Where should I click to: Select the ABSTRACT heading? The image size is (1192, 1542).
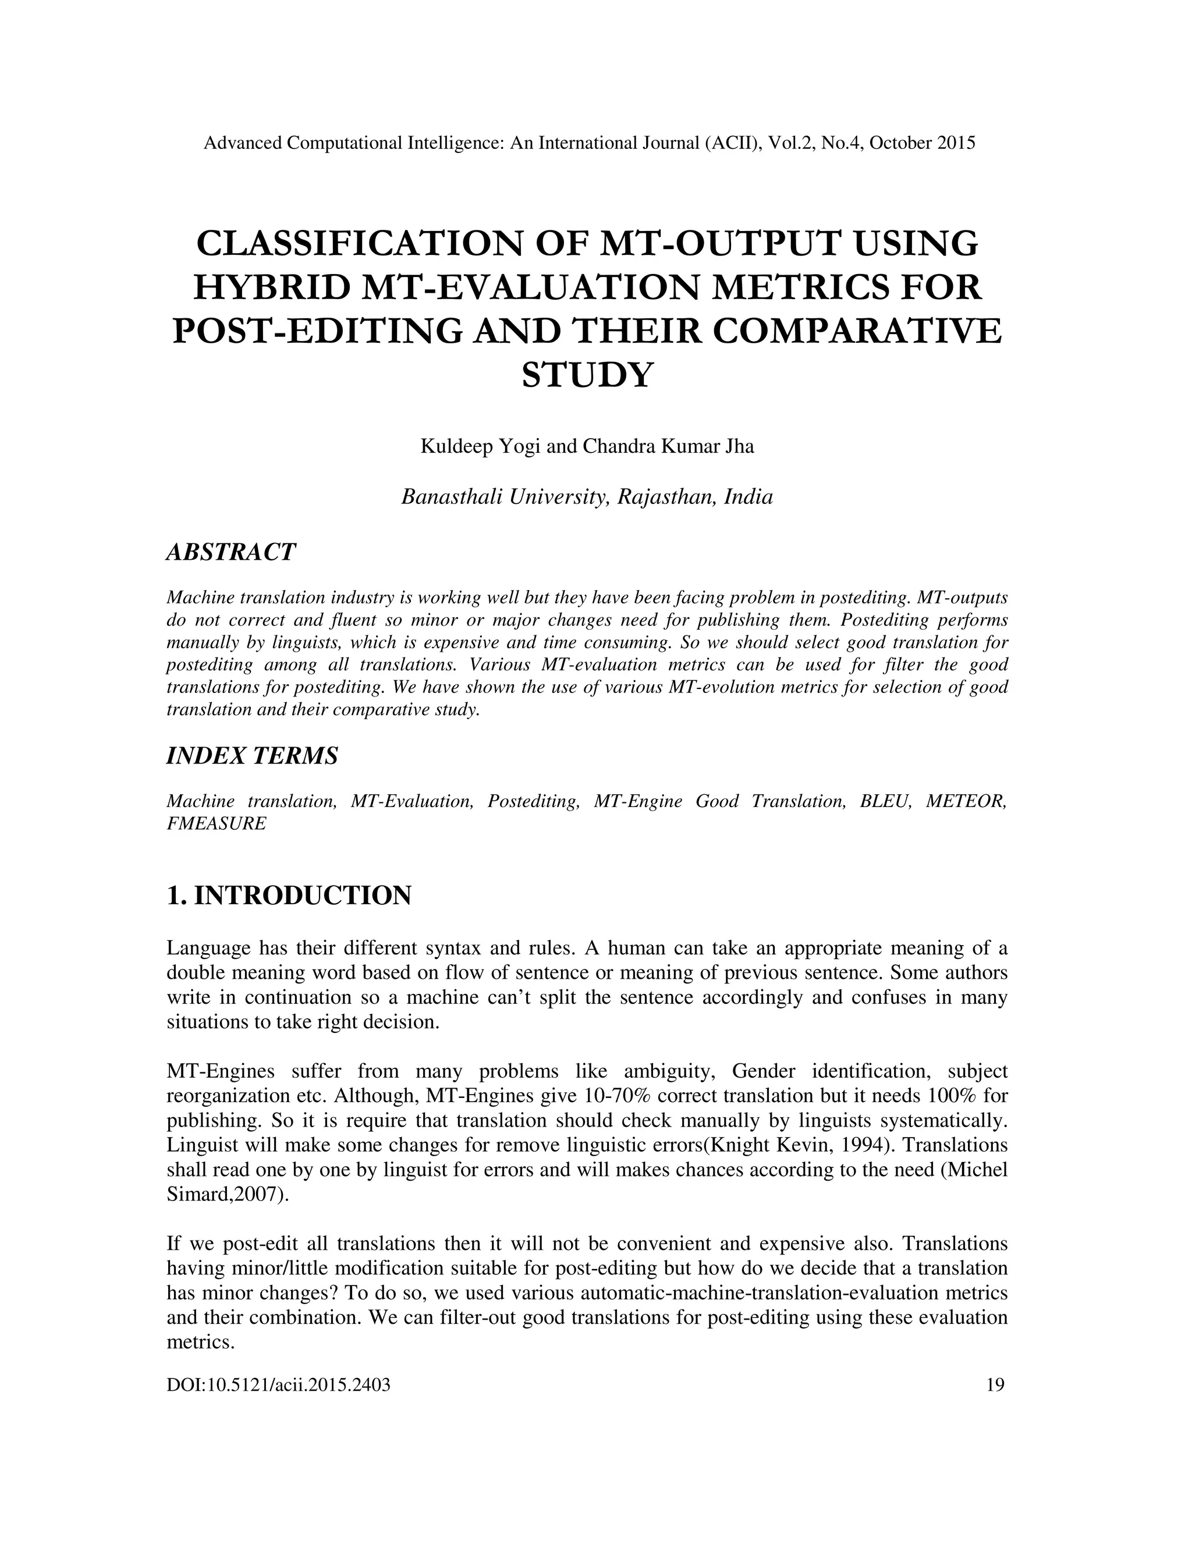coord(231,552)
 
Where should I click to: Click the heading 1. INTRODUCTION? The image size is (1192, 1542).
coord(289,896)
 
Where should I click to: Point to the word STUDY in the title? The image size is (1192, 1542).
coord(587,375)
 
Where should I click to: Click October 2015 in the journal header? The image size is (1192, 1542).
coord(923,143)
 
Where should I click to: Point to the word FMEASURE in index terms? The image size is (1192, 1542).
coord(216,823)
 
